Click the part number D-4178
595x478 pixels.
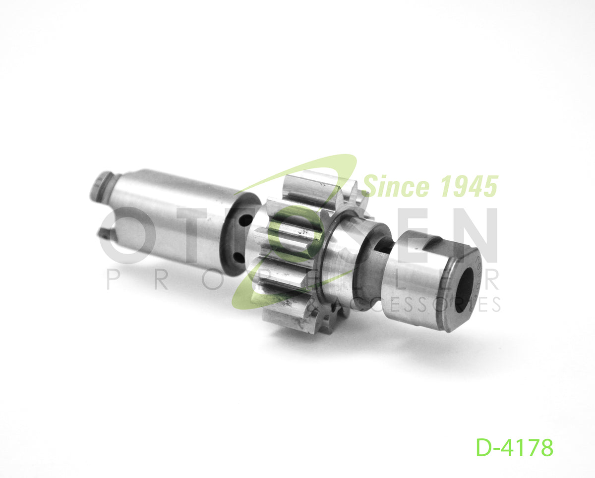[514, 448]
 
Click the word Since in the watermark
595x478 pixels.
[395, 187]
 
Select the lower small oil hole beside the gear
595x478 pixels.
[238, 257]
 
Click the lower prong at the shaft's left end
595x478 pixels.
[105, 233]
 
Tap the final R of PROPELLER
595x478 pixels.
[491, 281]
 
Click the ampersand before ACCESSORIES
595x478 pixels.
[313, 303]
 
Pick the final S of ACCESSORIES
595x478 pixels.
[493, 304]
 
